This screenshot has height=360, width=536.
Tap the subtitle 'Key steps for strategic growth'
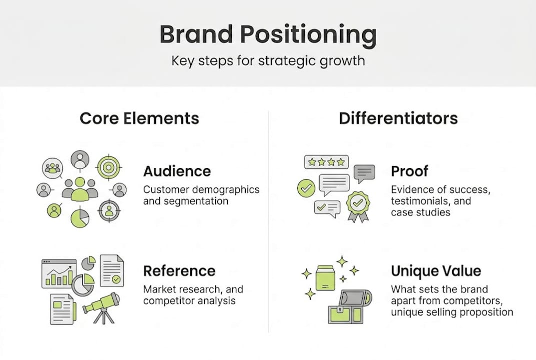tap(268, 61)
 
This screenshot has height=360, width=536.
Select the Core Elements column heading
tap(139, 118)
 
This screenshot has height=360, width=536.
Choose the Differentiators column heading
tap(398, 118)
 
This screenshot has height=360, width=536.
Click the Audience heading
tap(177, 171)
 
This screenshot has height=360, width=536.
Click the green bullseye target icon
tap(108, 167)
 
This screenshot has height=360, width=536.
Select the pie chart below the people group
tap(79, 217)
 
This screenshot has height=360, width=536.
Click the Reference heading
tap(179, 271)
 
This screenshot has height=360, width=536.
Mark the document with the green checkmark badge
tap(112, 270)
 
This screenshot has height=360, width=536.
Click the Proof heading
tap(409, 171)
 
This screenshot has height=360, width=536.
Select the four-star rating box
tap(326, 162)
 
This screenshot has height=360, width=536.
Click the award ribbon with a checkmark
tap(358, 204)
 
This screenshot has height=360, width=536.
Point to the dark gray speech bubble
tap(364, 173)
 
